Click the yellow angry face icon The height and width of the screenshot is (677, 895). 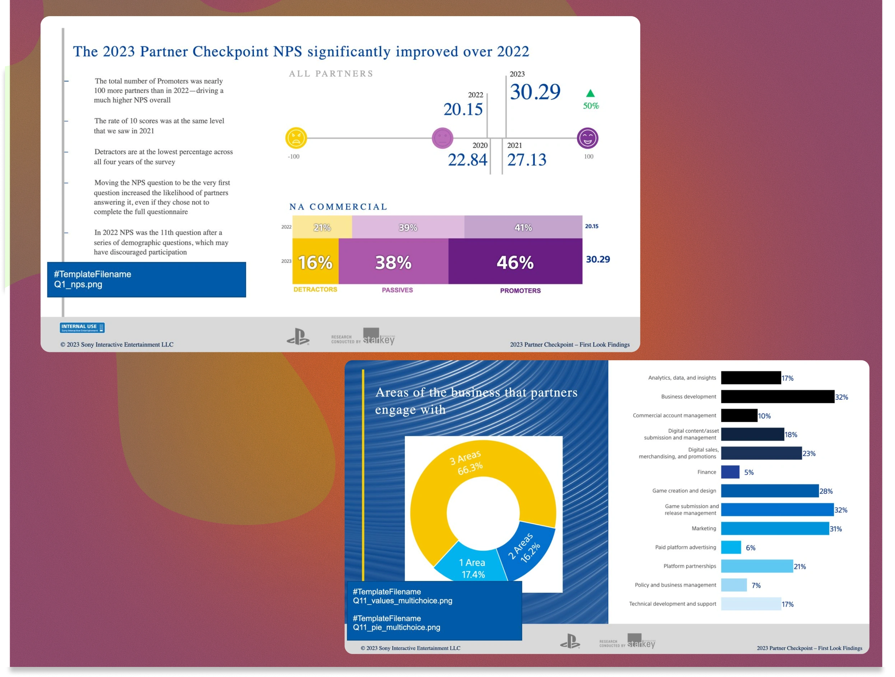tap(296, 138)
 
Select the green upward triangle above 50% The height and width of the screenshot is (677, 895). tap(590, 93)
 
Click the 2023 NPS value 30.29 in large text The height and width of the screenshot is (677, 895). tap(535, 92)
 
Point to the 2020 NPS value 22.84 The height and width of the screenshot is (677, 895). tap(467, 160)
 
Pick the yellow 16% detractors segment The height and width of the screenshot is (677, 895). tap(315, 262)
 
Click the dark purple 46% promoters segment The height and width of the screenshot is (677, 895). tap(515, 262)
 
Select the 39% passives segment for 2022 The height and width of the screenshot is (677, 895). tap(408, 227)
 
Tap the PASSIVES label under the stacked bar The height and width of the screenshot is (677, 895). tap(397, 290)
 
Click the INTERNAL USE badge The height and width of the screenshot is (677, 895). tap(82, 328)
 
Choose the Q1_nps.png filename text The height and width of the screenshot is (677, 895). tap(78, 284)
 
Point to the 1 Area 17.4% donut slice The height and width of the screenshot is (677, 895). tap(471, 566)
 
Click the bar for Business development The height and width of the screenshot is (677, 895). tap(777, 397)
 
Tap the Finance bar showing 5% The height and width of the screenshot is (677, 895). tap(730, 472)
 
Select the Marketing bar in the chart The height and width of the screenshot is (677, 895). tap(774, 528)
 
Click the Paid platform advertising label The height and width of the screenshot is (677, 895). tap(685, 547)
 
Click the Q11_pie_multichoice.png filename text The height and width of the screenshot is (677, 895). tap(396, 627)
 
